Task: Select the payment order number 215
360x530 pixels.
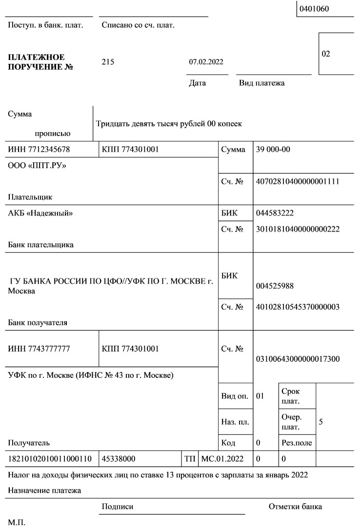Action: (108, 61)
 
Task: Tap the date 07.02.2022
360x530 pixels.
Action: (206, 62)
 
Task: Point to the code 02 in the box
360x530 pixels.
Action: (326, 54)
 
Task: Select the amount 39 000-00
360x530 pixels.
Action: (273, 149)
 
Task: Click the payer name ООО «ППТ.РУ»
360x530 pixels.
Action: (37, 166)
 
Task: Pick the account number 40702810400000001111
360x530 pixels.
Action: (298, 182)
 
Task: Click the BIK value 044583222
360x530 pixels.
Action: (275, 213)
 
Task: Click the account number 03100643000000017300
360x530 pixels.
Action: (298, 358)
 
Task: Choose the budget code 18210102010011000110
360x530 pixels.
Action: (46, 459)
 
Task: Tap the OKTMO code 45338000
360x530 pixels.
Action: (119, 459)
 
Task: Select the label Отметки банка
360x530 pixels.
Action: (295, 507)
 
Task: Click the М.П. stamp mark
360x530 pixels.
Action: (16, 522)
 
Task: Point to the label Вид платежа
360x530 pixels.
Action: (261, 83)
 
